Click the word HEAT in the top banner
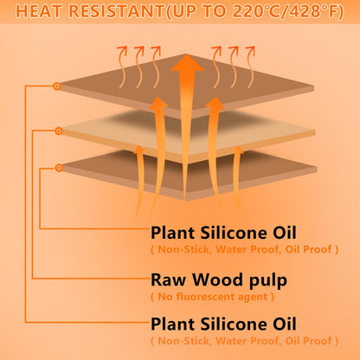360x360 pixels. [38, 11]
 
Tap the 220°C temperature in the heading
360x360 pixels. [258, 11]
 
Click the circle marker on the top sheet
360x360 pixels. [57, 86]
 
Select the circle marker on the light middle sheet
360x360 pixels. [59, 132]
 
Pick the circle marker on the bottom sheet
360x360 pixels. [59, 168]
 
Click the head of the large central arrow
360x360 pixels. [188, 62]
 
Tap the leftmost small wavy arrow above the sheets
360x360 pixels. [123, 67]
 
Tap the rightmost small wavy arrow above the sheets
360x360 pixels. [250, 67]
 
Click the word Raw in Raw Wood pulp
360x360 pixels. [168, 280]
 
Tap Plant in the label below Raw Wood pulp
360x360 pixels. [172, 324]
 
